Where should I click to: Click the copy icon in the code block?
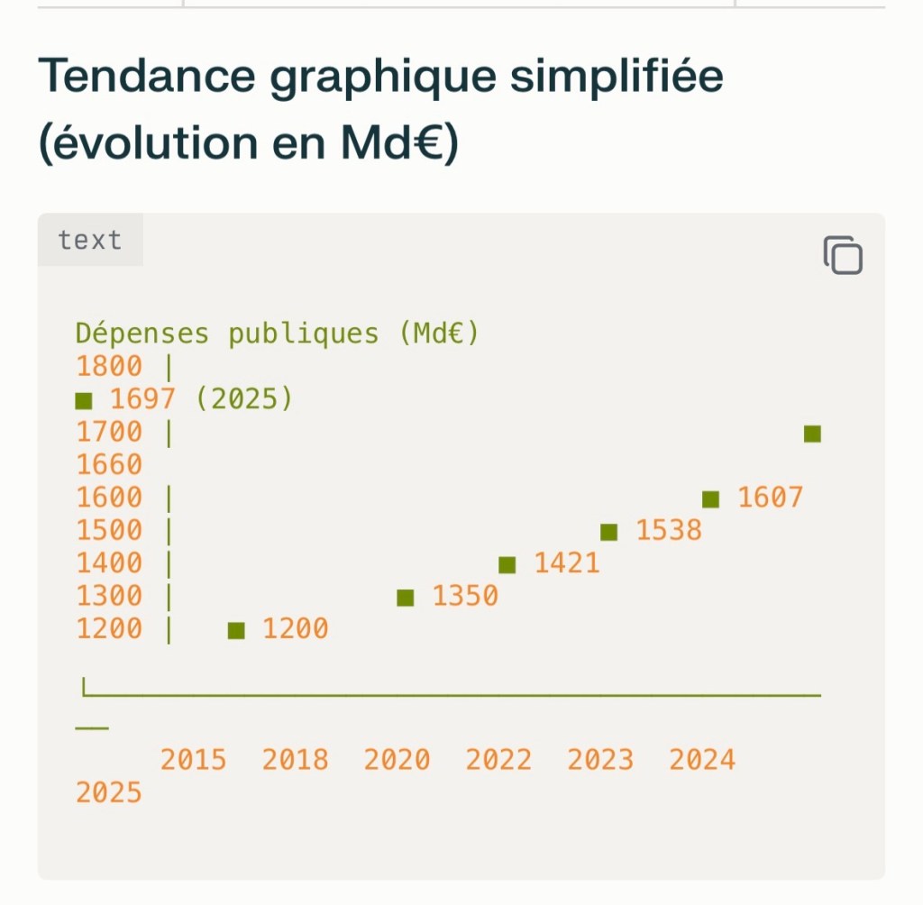(x=843, y=255)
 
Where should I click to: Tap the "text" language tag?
(x=89, y=241)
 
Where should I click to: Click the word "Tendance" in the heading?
(x=146, y=78)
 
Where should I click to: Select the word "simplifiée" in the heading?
(x=616, y=78)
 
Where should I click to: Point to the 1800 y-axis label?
(x=109, y=367)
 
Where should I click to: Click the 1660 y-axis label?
(x=109, y=465)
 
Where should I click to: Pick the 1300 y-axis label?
(x=109, y=596)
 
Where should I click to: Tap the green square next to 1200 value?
(x=236, y=631)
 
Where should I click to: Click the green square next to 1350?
(x=406, y=598)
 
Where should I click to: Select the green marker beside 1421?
(x=507, y=565)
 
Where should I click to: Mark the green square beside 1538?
(x=609, y=532)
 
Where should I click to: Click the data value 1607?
(x=770, y=498)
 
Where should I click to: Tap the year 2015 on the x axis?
(x=193, y=760)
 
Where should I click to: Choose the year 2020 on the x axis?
(x=397, y=760)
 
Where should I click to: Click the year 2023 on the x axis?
(x=600, y=760)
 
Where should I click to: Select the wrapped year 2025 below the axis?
(x=109, y=793)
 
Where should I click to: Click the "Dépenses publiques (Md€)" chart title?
(x=277, y=334)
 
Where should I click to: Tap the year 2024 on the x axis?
(x=702, y=760)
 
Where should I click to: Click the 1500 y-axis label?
(x=109, y=530)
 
